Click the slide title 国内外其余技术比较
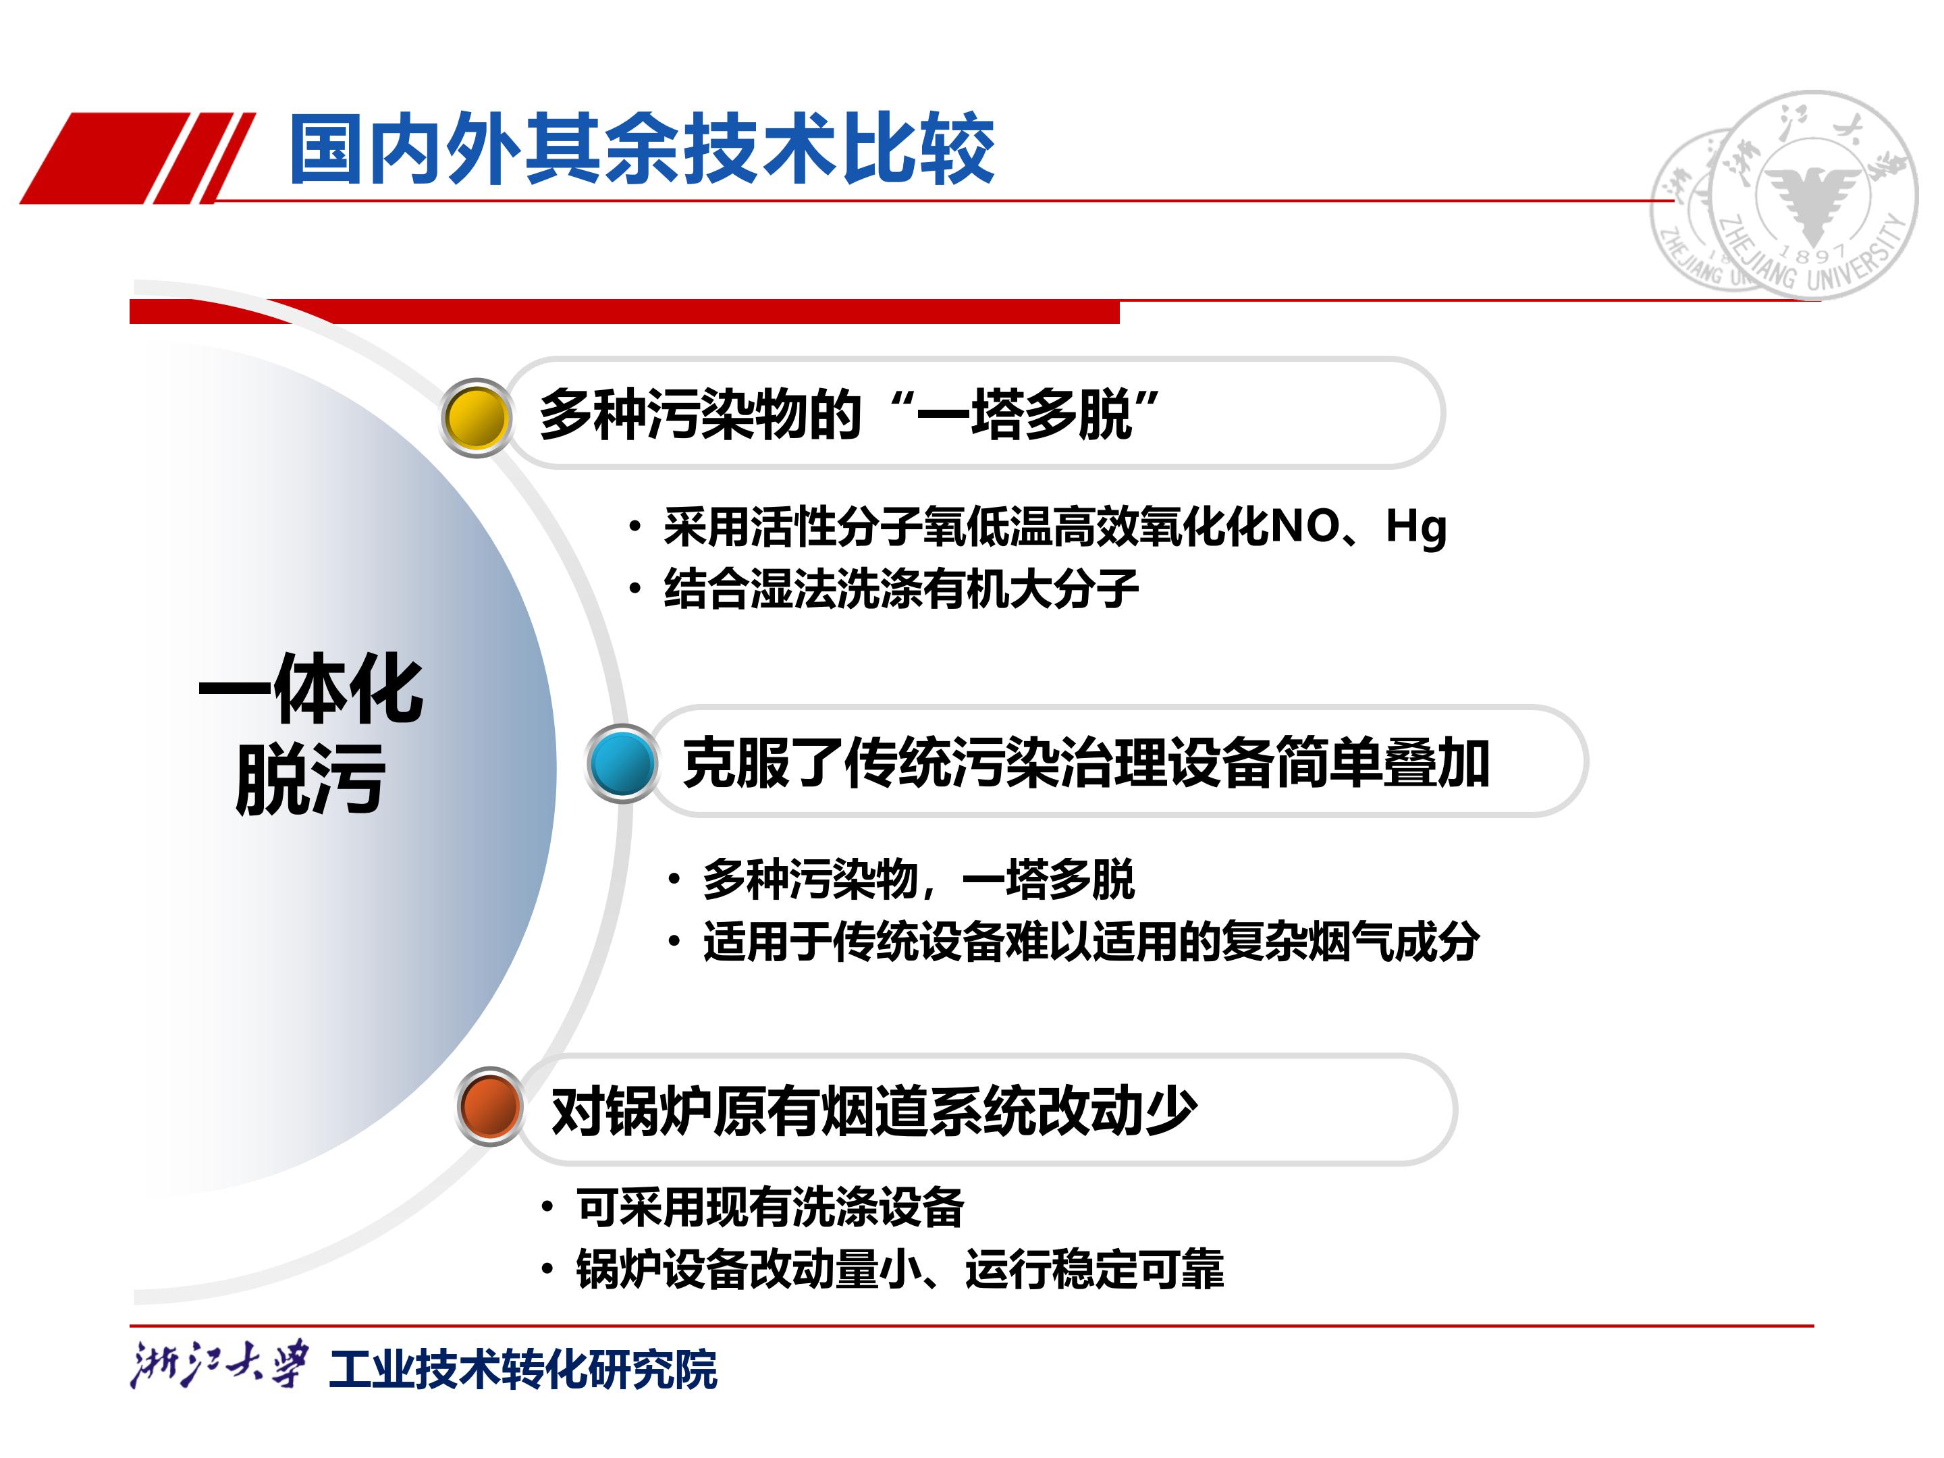pyautogui.click(x=641, y=149)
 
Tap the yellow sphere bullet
pyautogui.click(x=477, y=417)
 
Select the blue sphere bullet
pyautogui.click(x=622, y=763)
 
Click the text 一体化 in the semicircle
pyautogui.click(x=311, y=689)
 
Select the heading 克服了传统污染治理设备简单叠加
pyautogui.click(x=1086, y=762)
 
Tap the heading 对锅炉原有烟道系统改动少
pyautogui.click(x=873, y=1111)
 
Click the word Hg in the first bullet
pyautogui.click(x=1417, y=527)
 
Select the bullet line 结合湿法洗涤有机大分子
pyautogui.click(x=901, y=589)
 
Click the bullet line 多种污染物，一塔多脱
pyautogui.click(x=919, y=879)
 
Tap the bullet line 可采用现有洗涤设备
pyautogui.click(x=770, y=1207)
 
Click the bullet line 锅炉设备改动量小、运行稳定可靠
pyautogui.click(x=900, y=1269)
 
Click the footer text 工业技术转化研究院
pyautogui.click(x=523, y=1369)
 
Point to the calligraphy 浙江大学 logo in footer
pyautogui.click(x=219, y=1365)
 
